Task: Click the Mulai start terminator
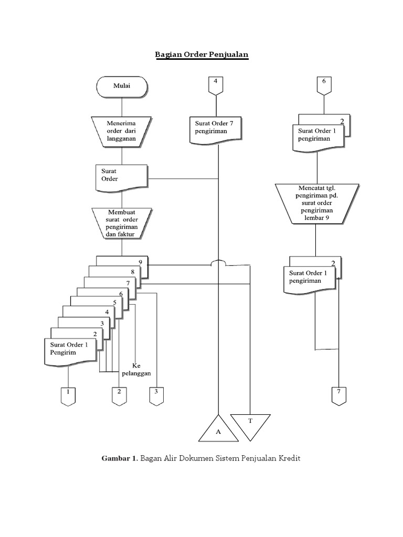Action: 122,87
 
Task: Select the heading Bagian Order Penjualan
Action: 201,55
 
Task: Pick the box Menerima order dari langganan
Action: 122,131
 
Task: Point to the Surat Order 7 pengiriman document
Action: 215,128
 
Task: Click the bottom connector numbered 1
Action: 68,396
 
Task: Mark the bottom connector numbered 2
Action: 119,396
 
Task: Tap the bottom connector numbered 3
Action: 156,396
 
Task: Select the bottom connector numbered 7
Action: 339,396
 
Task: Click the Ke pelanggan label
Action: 136,369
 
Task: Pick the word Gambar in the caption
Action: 118,458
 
